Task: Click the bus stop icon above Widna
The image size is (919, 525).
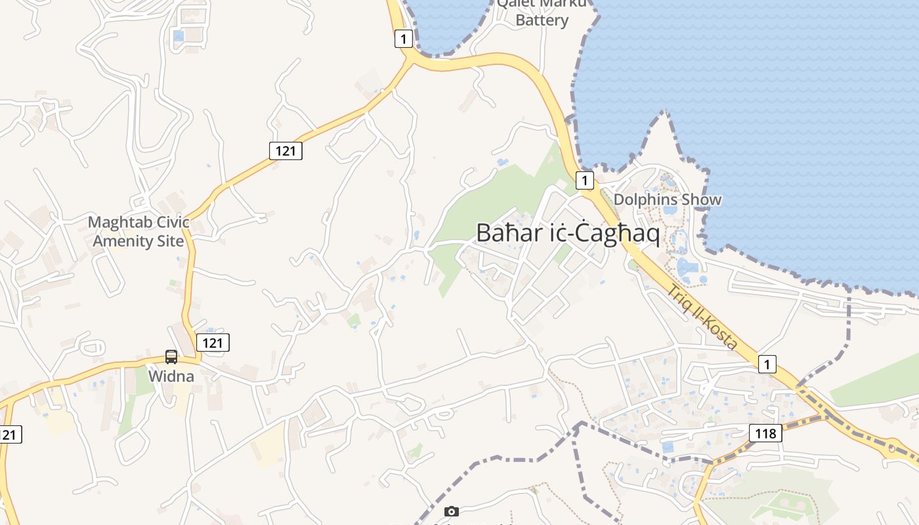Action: tap(171, 357)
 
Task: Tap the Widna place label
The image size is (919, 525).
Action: tap(171, 377)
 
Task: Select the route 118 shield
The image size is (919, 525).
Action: tap(765, 433)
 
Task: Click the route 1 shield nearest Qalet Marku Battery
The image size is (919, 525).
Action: tap(403, 39)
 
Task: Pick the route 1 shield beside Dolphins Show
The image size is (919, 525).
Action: tap(584, 180)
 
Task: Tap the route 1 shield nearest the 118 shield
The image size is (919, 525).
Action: tap(767, 364)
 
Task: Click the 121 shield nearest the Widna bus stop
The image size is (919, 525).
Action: tap(213, 342)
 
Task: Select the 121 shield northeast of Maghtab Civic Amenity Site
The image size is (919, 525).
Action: tap(286, 151)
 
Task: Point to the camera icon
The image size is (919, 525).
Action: tap(451, 511)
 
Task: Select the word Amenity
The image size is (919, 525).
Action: tap(121, 241)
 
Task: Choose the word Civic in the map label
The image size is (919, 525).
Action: tap(173, 222)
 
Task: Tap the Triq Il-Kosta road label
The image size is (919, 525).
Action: tap(702, 317)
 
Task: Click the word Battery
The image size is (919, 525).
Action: tap(542, 20)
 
